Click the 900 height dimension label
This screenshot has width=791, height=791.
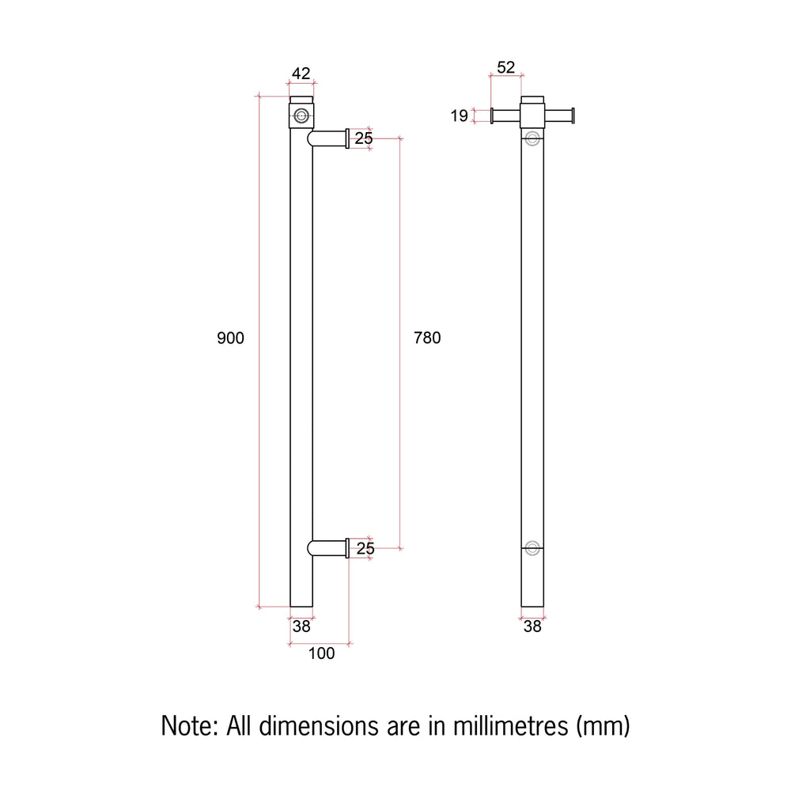click(x=230, y=338)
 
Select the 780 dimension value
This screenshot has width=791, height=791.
click(x=427, y=338)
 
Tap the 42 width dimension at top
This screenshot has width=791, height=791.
click(x=301, y=74)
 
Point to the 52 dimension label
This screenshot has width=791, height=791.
click(x=506, y=67)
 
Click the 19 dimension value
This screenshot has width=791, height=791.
click(x=459, y=116)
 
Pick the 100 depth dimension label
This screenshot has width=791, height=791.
click(x=321, y=654)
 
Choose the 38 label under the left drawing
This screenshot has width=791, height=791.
click(x=301, y=626)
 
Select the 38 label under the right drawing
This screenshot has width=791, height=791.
click(x=532, y=626)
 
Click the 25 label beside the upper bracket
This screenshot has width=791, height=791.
click(x=364, y=138)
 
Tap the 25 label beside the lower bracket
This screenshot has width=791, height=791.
click(x=365, y=548)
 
